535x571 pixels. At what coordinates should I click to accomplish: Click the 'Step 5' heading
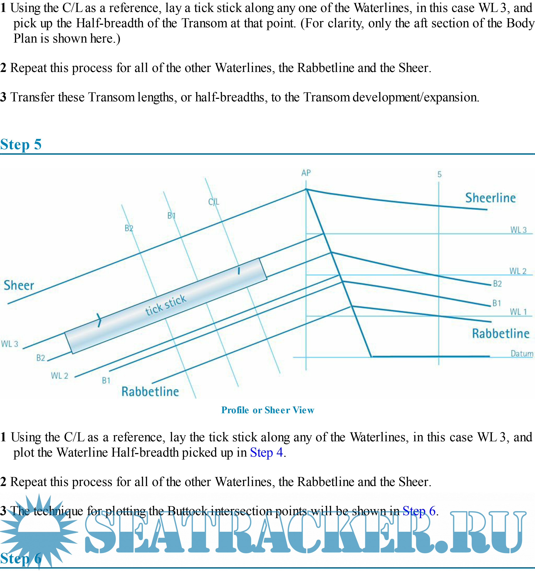point(21,144)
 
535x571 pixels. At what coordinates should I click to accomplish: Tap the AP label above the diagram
point(306,173)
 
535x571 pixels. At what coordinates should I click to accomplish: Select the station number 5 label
point(439,174)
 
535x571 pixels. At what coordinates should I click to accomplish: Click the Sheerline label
point(490,198)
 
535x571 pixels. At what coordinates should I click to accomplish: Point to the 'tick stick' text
point(166,305)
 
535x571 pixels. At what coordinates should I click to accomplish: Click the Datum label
point(522,354)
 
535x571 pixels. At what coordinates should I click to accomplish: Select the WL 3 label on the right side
point(518,230)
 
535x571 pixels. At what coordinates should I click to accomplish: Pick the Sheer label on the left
point(19,285)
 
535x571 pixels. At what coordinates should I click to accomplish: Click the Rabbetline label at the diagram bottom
point(150,392)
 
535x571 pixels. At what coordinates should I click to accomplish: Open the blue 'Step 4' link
point(266,453)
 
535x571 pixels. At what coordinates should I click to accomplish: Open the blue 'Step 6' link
point(419,511)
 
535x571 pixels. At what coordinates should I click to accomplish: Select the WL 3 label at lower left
point(10,344)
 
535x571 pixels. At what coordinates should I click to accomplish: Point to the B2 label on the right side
point(497,284)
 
